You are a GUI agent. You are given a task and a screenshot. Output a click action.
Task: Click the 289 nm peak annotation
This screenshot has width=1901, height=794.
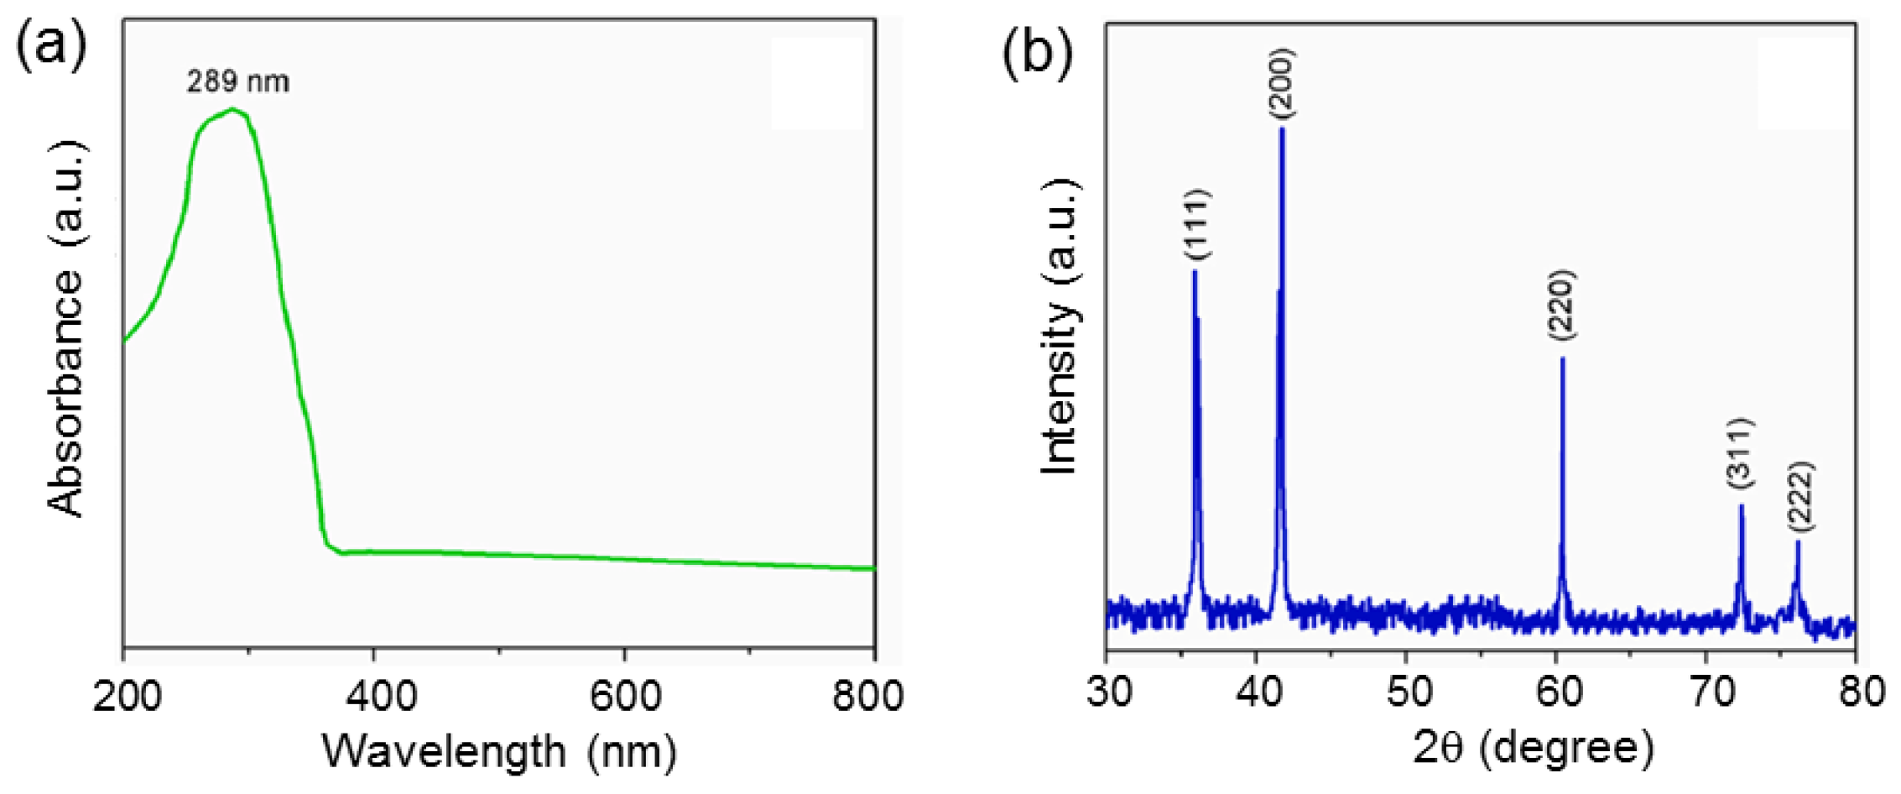237,81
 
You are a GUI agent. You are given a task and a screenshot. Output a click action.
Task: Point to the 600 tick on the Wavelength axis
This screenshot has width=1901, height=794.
624,696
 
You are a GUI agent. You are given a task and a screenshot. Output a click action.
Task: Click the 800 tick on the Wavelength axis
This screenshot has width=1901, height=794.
867,696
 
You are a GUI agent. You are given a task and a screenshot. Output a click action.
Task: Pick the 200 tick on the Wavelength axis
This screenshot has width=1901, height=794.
128,696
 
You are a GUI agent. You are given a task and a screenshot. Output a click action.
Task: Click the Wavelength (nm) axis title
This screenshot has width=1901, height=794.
499,751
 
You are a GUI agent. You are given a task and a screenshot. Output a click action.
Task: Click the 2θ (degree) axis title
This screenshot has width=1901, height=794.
1534,747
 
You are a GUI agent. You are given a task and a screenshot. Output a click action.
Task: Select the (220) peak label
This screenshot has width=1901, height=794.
1561,306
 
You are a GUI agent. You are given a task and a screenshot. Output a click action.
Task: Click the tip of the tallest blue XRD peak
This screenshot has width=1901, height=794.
1282,128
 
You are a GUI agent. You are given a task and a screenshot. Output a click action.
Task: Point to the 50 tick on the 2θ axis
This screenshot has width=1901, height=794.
1406,692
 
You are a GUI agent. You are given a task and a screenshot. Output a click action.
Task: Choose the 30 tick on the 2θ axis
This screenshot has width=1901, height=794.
1109,692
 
